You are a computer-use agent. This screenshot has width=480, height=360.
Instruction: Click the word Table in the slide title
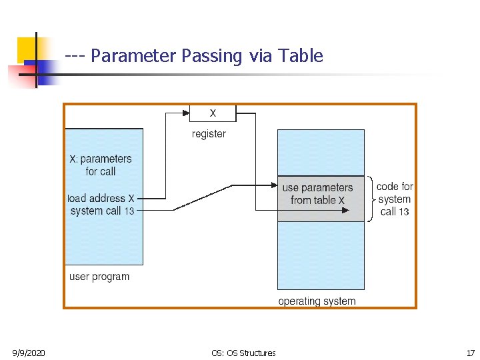point(301,56)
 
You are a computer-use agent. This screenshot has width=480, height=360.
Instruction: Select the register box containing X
point(213,113)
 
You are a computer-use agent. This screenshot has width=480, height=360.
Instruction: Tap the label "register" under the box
point(209,134)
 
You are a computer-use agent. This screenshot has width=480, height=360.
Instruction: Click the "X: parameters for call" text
point(101,165)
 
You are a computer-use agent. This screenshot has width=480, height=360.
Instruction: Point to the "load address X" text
point(101,198)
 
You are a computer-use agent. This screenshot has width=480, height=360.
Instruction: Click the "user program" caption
point(99,277)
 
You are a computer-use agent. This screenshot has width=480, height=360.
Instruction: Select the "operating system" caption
point(317,301)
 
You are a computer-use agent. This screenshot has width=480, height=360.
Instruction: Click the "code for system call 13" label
point(395,199)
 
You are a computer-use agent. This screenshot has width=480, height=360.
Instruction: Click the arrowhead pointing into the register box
point(186,113)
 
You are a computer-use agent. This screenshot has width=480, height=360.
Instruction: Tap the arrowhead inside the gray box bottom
point(345,210)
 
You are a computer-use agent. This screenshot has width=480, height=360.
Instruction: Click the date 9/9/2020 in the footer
point(29,353)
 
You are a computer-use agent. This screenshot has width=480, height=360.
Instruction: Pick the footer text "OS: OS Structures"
point(243,353)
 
